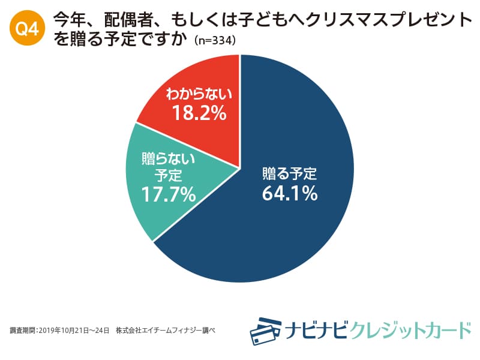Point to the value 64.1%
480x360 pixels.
point(289,194)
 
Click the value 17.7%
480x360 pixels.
point(169,194)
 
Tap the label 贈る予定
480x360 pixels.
point(289,174)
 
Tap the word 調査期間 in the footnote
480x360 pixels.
point(23,330)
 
